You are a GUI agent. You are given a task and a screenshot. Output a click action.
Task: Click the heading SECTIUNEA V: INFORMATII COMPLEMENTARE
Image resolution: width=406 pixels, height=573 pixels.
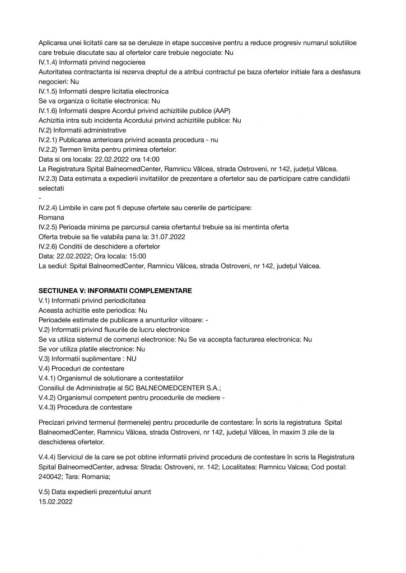115,291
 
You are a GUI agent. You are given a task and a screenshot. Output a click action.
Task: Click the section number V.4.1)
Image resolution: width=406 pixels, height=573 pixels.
49,378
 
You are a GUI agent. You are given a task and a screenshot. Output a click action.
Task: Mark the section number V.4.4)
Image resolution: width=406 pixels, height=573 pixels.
49,457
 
